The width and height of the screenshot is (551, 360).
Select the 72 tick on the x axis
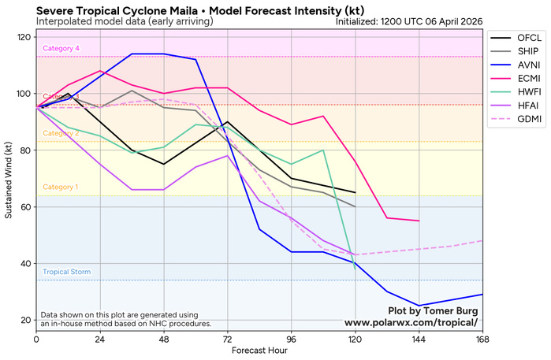coord(228,340)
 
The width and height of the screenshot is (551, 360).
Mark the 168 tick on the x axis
coord(482,340)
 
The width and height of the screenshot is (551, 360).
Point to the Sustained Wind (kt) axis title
coord(9,180)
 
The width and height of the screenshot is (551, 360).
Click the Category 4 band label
coord(61,49)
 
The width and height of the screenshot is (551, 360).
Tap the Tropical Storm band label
coord(66,272)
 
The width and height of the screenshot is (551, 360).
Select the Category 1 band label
coord(61,187)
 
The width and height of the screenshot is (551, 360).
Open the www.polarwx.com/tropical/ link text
coord(411,323)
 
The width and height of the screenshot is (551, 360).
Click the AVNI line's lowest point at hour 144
coord(419,306)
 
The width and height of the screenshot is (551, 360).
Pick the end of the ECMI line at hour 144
coord(419,221)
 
